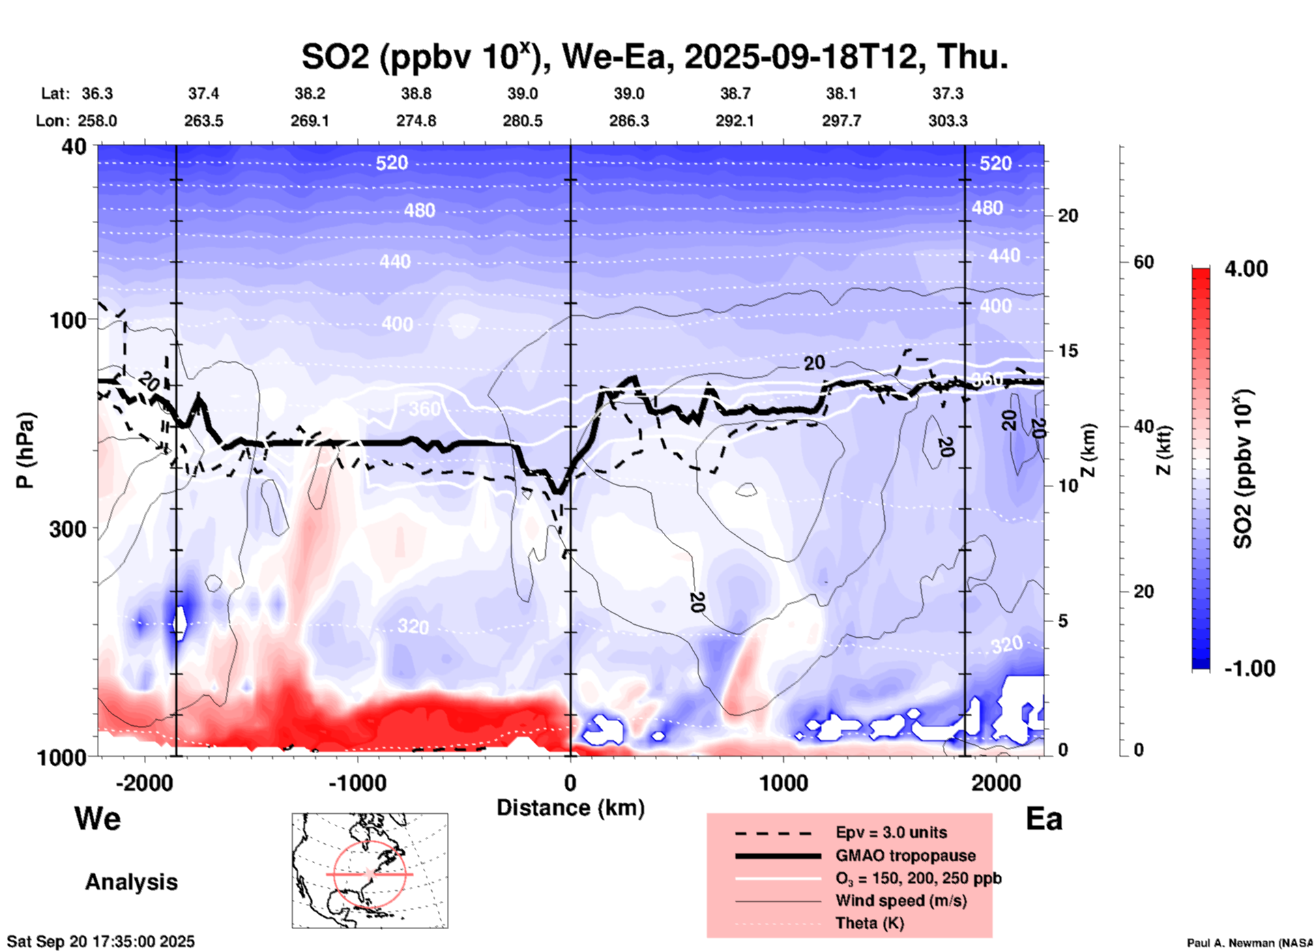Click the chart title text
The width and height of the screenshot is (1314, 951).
tap(654, 57)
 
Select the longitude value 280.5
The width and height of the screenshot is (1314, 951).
tap(523, 121)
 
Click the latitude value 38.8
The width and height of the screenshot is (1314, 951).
tap(416, 93)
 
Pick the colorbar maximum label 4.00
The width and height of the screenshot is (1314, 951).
tap(1246, 268)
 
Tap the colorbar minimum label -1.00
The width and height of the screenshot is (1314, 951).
tap(1249, 669)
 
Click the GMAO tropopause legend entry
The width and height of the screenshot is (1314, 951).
tap(905, 855)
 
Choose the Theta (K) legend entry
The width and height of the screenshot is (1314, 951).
tap(869, 923)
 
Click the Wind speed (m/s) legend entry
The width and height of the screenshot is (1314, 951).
tap(901, 901)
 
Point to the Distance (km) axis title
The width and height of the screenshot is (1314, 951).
tap(570, 808)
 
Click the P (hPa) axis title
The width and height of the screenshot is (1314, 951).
tap(25, 450)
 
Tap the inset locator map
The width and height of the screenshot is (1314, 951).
tap(370, 870)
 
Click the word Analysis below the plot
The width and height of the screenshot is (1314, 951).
tap(131, 882)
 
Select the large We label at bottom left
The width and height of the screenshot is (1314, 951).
tap(98, 818)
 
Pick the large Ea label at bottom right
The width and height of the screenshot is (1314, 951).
tap(1044, 819)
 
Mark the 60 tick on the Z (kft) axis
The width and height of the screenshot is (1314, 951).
tap(1143, 262)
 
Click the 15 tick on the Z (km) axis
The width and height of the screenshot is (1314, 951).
tap(1068, 351)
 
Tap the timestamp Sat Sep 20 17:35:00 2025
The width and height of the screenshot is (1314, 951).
tap(101, 941)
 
